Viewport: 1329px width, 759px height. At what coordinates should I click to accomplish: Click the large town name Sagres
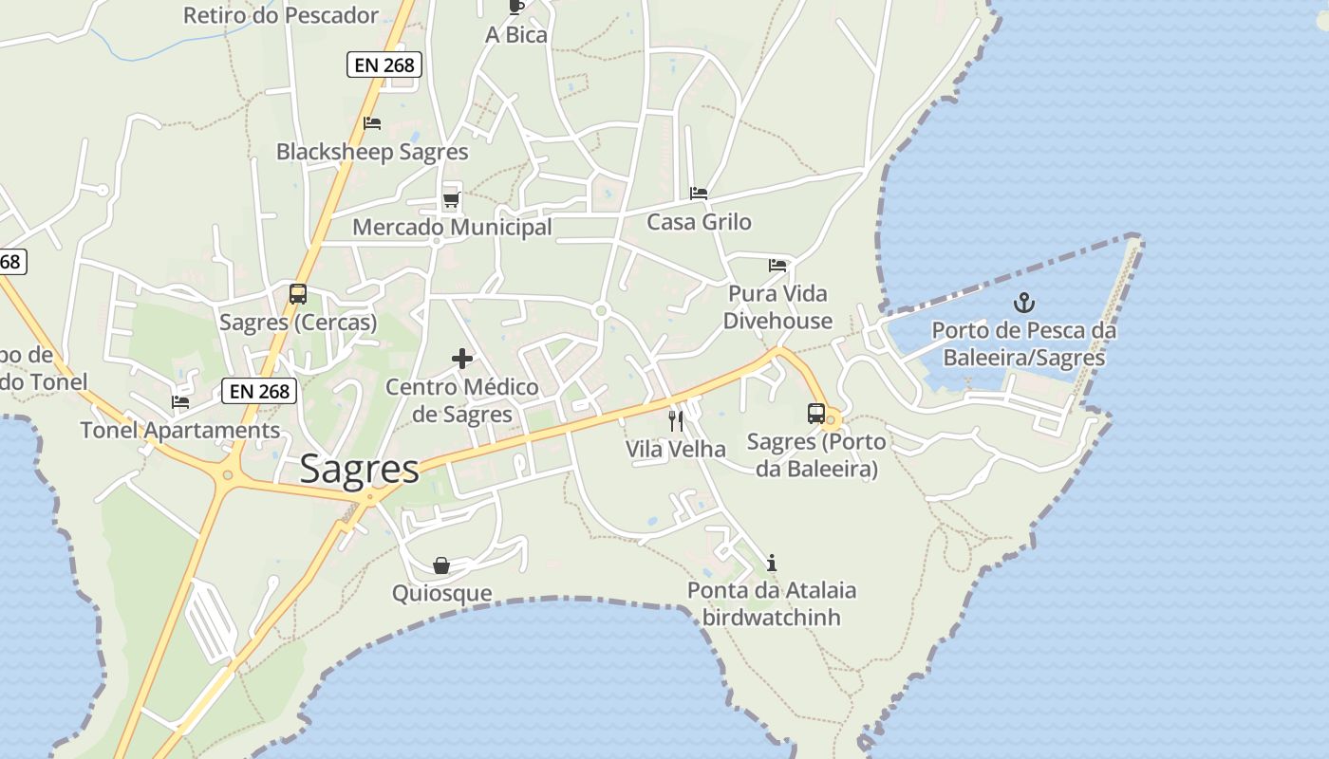coord(359,470)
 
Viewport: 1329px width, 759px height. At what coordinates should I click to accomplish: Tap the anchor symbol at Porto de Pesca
coord(1023,304)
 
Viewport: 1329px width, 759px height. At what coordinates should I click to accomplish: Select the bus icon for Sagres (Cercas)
coord(298,294)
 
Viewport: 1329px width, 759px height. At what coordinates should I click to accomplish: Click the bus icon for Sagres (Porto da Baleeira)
coord(815,414)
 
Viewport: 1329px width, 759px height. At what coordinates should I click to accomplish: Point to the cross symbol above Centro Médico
coord(462,359)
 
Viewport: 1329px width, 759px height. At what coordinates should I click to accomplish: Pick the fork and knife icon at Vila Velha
coord(676,420)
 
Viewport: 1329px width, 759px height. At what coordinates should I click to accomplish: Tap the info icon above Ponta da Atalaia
coord(772,563)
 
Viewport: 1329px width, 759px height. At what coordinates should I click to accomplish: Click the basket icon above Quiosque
coord(441,565)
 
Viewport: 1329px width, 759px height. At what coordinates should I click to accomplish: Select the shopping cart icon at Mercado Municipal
coord(452,200)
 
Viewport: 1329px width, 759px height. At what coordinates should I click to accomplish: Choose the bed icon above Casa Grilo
coord(699,194)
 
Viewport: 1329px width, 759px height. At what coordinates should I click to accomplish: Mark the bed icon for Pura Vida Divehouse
coord(777,266)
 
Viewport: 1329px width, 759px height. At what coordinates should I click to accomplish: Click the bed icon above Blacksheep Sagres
coord(372,123)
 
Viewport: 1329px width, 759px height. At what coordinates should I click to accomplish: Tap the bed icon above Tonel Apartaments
coord(180,402)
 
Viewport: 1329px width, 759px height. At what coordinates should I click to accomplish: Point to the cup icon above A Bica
coord(516,8)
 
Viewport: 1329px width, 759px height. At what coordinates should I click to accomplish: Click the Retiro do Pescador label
coord(281,15)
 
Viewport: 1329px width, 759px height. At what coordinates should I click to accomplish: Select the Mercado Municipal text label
coord(452,228)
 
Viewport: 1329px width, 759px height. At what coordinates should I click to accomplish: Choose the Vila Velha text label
coord(675,449)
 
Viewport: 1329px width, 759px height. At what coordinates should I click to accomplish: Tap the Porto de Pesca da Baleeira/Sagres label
coord(1023,344)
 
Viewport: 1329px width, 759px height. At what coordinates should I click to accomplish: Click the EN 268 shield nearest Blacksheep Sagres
coord(384,65)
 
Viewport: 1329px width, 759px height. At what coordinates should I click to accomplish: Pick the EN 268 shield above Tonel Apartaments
coord(260,391)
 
